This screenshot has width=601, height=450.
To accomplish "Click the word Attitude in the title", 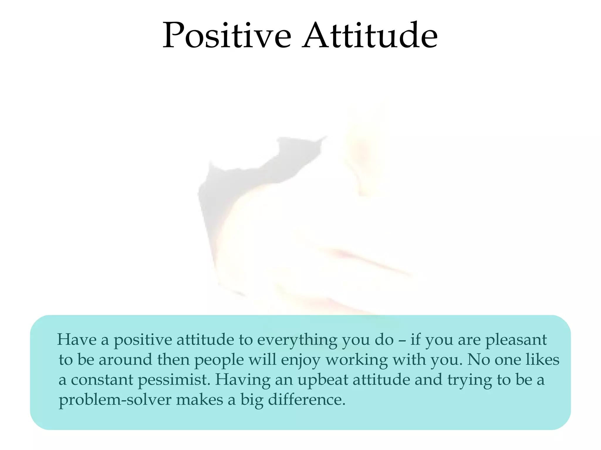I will point(370,36).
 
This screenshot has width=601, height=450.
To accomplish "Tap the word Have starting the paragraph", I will point(77,340).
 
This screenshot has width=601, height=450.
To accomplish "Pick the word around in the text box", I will point(125,360).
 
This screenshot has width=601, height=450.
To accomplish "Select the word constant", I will point(102,380).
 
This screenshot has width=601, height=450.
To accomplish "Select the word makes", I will point(200,400).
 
